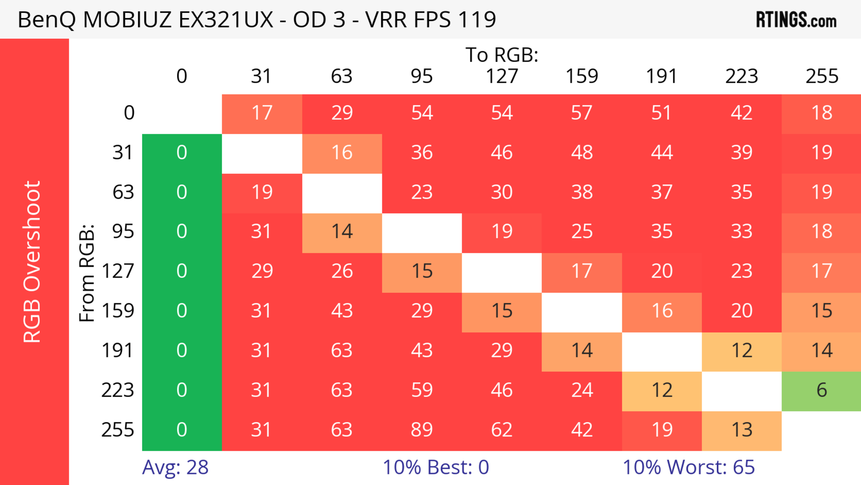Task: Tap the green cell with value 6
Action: coord(821,390)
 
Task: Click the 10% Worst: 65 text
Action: coord(689,467)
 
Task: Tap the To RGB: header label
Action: coord(502,55)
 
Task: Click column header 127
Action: coord(502,76)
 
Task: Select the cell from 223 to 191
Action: coord(662,390)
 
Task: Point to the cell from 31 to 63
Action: coord(342,153)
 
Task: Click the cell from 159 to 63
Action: coord(342,311)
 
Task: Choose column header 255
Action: coord(822,76)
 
